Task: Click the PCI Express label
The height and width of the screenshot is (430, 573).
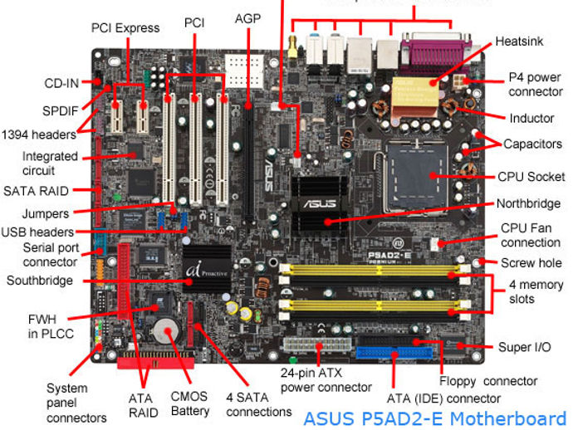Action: (125, 27)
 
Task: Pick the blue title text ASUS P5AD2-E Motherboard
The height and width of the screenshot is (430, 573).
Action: (433, 418)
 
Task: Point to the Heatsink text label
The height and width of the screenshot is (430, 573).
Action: (520, 41)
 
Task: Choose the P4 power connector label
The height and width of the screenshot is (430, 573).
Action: (536, 84)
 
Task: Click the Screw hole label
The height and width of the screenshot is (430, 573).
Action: (531, 263)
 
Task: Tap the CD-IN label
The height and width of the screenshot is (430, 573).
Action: (62, 83)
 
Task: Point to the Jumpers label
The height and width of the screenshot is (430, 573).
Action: (46, 213)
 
